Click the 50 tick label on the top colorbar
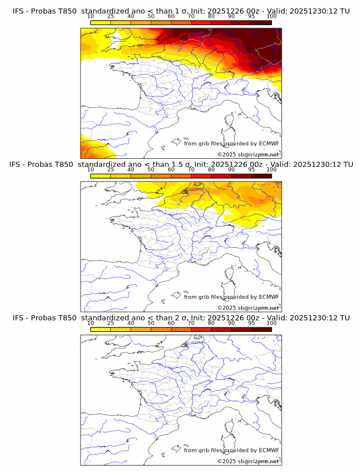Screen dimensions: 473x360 coord(151,16)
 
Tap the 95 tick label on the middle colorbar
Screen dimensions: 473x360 coord(251,170)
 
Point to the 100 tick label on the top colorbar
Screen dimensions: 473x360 coord(271,16)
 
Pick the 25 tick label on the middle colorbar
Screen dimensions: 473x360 coord(110,170)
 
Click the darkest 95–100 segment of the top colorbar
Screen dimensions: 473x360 coord(261,22)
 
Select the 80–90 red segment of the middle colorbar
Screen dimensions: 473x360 coord(221,176)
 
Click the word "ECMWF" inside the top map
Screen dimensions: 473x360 coord(269,143)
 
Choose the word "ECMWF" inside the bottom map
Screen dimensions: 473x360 coord(269,450)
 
